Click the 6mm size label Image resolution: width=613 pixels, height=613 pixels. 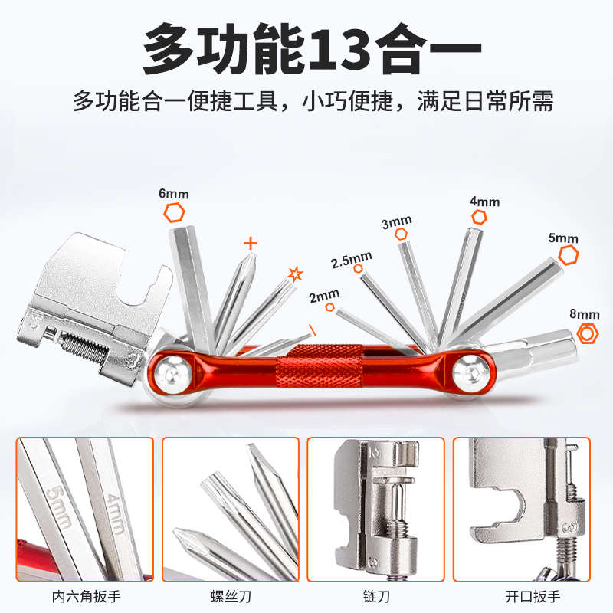[x=173, y=194]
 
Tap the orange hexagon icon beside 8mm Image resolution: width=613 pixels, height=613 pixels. [x=587, y=333]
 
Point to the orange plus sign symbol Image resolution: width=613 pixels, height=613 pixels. [x=250, y=244]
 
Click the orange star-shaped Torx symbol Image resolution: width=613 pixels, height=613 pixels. [x=295, y=274]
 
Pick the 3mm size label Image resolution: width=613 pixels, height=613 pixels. [x=396, y=223]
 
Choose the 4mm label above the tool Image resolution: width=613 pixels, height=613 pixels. [x=484, y=202]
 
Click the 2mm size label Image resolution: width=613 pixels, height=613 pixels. [x=324, y=294]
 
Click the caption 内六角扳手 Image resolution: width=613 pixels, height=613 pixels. [x=84, y=595]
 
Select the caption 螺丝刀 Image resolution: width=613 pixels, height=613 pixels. [x=230, y=595]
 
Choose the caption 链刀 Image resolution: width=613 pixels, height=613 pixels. [x=375, y=595]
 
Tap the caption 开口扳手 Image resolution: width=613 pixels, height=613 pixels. [x=521, y=595]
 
